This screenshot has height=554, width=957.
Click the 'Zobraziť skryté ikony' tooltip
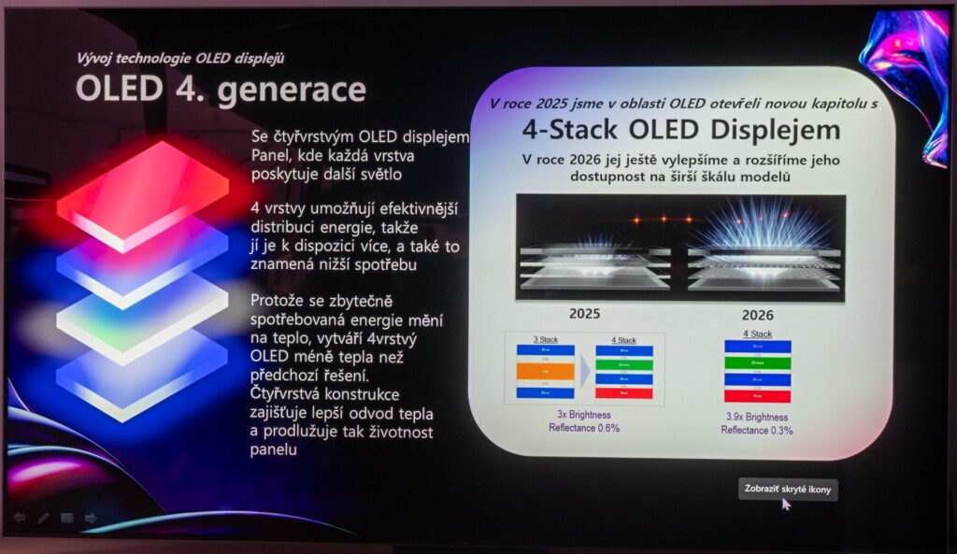[788, 489]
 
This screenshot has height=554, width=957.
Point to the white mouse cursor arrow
[786, 504]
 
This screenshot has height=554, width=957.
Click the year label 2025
[584, 315]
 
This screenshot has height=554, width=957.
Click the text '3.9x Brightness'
[757, 418]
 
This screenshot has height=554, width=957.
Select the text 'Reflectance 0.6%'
[584, 427]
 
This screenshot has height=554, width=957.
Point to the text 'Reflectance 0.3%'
[757, 430]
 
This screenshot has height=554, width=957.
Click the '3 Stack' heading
[543, 340]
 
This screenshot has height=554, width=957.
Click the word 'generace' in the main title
[293, 91]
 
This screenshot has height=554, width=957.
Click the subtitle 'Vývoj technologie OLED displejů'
[181, 58]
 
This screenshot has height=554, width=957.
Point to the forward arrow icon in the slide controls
[91, 518]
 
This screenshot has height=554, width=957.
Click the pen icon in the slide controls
[43, 518]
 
